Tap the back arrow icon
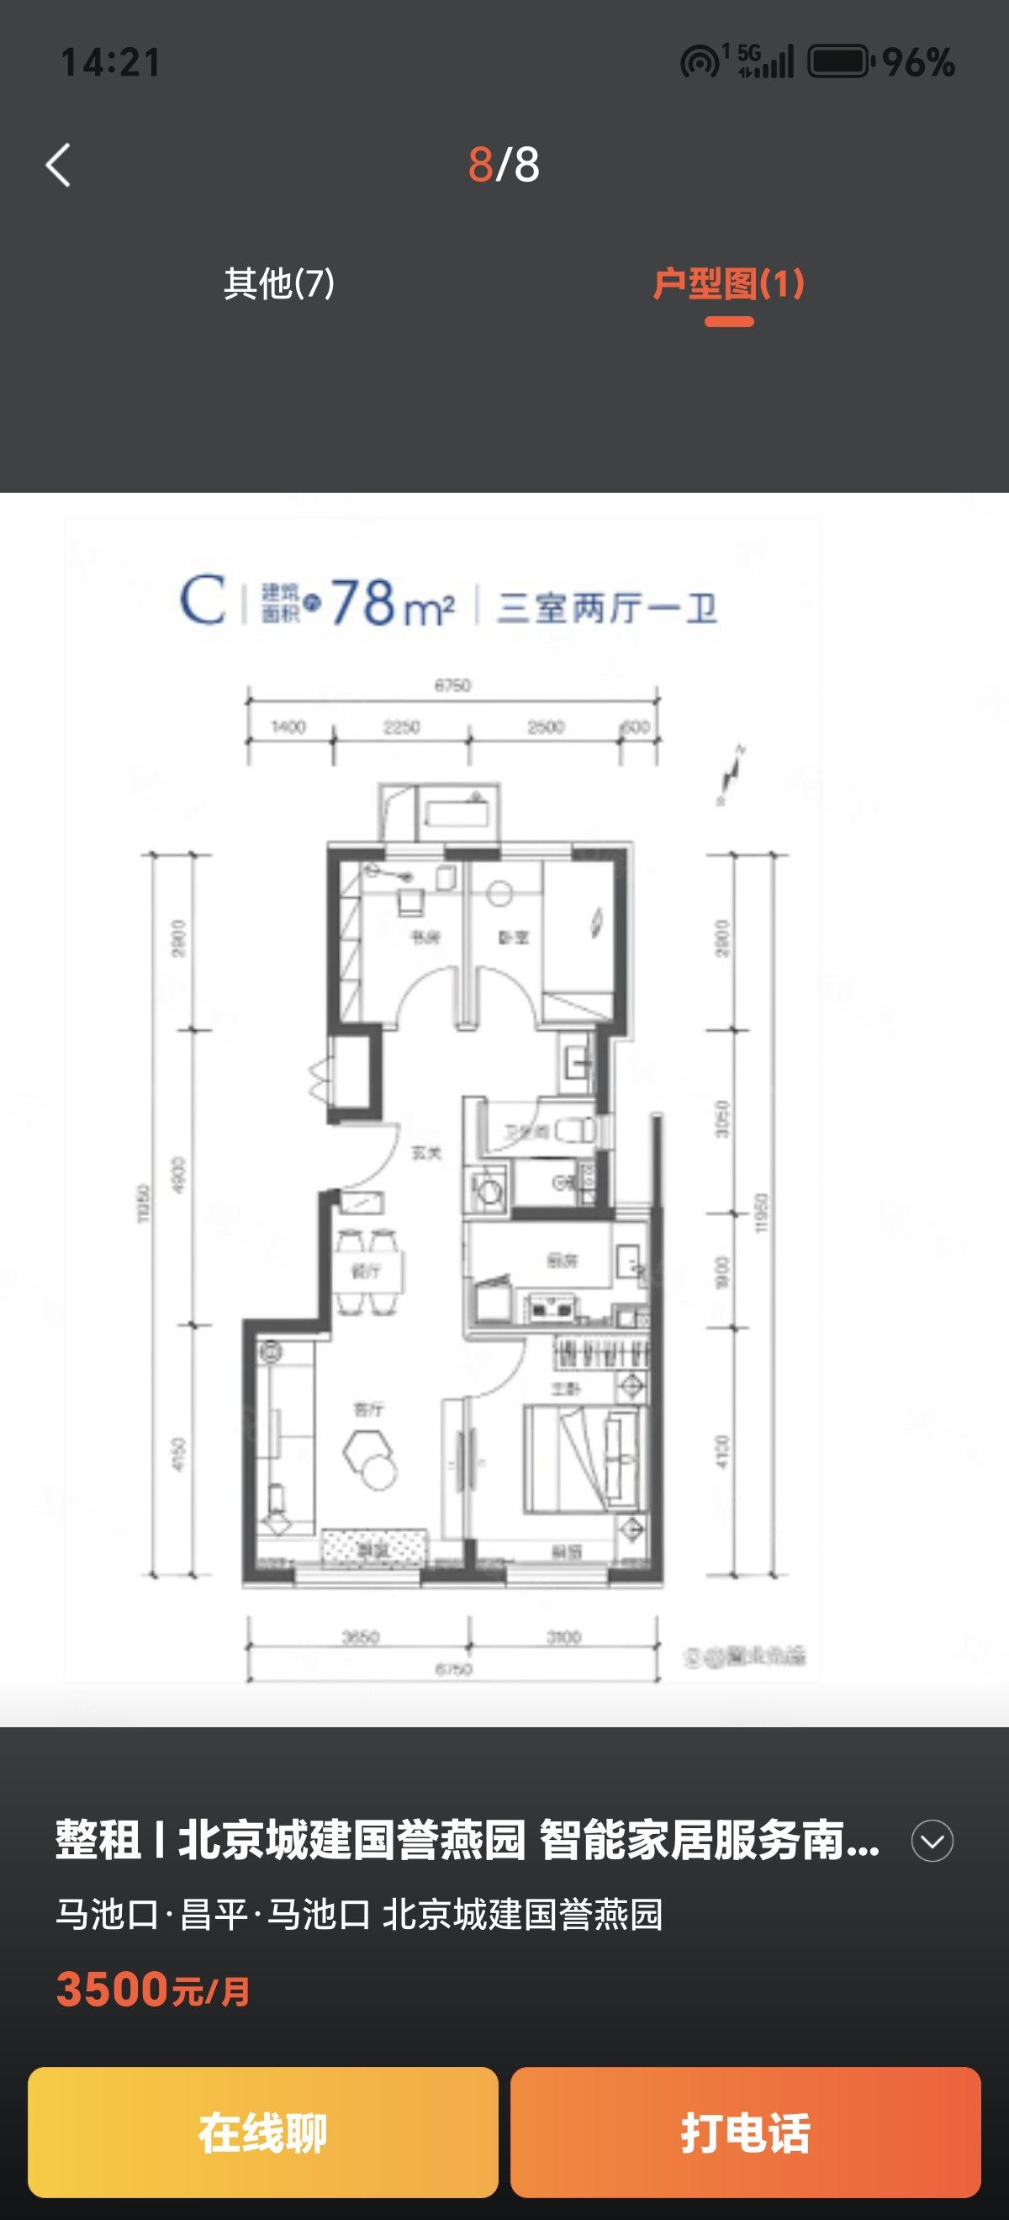[x=59, y=165]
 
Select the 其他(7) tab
[x=278, y=283]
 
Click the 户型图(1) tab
[x=728, y=283]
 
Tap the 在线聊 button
[x=263, y=2131]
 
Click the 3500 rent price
[x=112, y=1989]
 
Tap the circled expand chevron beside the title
[x=932, y=1841]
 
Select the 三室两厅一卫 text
[x=606, y=608]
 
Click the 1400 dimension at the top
[x=288, y=727]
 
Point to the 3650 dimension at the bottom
[x=360, y=1636]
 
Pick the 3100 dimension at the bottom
[x=563, y=1636]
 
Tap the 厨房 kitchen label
[x=562, y=1261]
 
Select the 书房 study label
[x=425, y=937]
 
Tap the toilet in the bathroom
[x=576, y=1130]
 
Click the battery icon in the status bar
[x=840, y=62]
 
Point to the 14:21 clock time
[x=110, y=62]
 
